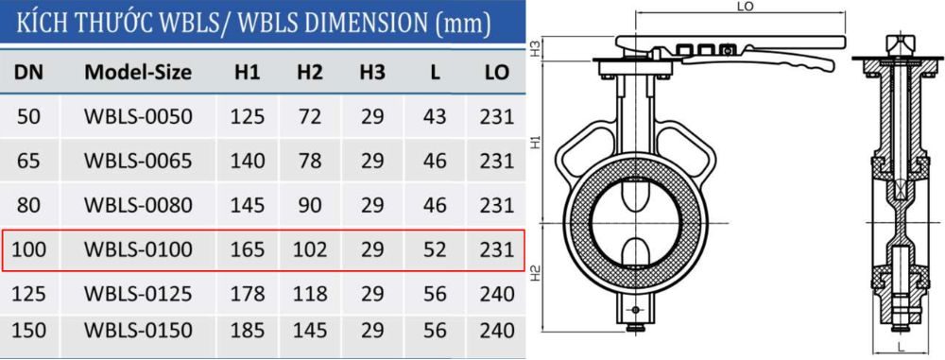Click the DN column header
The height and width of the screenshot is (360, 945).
pos(28,72)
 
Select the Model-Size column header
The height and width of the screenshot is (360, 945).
pos(138,72)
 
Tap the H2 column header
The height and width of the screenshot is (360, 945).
pos(309,72)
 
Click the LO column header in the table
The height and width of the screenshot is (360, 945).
pos(497,72)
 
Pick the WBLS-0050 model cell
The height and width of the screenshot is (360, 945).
pos(138,116)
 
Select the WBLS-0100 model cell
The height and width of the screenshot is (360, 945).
pos(138,250)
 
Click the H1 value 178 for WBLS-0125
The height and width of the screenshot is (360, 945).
pos(248,292)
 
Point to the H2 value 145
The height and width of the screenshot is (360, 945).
pos(309,331)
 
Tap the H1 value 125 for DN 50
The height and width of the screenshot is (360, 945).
pos(248,116)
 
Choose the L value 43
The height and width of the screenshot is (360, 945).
pos(435,116)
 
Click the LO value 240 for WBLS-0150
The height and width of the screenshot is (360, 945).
pos(497,331)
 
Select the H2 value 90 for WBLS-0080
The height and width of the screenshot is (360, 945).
pos(309,205)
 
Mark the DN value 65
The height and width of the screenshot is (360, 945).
pos(28,160)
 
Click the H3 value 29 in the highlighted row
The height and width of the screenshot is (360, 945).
pos(371,250)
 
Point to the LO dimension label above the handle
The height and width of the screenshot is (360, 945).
pos(743,8)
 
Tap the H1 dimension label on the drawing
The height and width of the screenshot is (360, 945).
pos(535,142)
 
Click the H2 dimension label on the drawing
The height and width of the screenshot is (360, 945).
pos(535,275)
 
